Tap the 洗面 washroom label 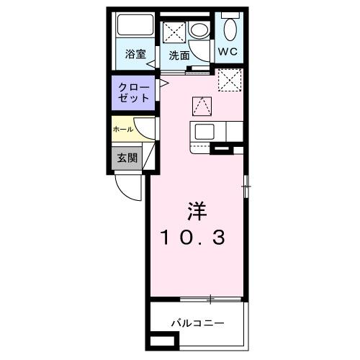click(179, 55)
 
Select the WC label click(230, 51)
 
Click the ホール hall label click(122, 130)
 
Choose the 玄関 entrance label click(127, 158)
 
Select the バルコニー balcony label click(197, 323)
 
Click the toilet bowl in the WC click(230, 30)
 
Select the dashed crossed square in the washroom click(175, 32)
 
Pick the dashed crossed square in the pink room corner click(229, 80)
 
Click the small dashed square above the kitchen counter click(202, 106)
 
